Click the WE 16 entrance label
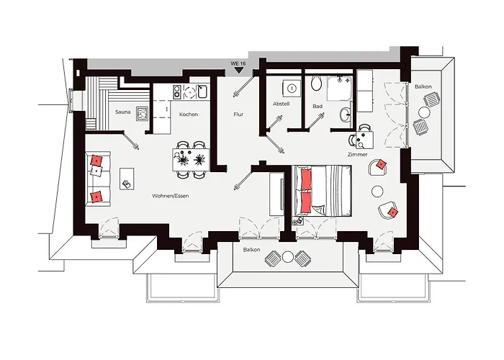click(x=238, y=63)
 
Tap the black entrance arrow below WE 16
click(x=238, y=70)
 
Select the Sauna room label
click(x=123, y=112)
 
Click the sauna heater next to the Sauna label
click(x=142, y=113)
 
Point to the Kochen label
click(x=189, y=114)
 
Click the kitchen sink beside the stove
click(x=203, y=91)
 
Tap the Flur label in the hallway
click(x=238, y=114)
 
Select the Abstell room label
click(x=282, y=104)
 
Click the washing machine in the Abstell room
click(x=292, y=88)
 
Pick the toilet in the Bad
click(x=317, y=84)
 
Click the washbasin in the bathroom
click(x=346, y=114)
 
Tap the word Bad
click(x=318, y=106)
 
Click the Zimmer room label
click(x=357, y=154)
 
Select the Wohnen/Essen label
click(x=171, y=196)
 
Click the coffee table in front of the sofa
click(x=127, y=179)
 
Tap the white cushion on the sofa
click(x=96, y=170)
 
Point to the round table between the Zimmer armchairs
click(x=377, y=192)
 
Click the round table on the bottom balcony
click(x=287, y=257)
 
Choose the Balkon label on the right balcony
click(x=423, y=86)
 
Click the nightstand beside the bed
click(x=298, y=220)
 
